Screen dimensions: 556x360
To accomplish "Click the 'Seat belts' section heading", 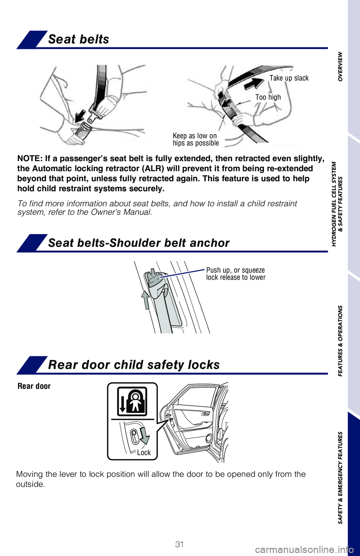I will coord(78,39).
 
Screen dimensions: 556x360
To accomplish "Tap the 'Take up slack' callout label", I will coord(289,78).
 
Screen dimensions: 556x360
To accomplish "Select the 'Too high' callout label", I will coord(268,97).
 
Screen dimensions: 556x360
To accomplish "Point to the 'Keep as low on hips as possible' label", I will coord(195,139).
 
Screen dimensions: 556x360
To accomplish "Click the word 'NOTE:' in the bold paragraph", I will coord(30,158).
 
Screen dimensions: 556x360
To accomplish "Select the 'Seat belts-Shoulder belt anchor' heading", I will coord(138,243).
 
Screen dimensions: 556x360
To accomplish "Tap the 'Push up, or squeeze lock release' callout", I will coord(235,274).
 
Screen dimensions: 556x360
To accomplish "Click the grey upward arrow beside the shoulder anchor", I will coord(145,300).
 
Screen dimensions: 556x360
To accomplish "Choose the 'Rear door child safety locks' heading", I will coord(133,365).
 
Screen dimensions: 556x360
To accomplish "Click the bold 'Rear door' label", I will coord(34,386).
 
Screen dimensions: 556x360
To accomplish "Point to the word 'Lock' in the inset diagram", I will coord(144,453).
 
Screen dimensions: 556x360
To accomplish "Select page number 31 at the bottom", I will coord(180,544).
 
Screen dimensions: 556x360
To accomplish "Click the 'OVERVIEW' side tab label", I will coord(340,66).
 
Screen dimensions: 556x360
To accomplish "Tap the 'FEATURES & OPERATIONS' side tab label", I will coord(340,341).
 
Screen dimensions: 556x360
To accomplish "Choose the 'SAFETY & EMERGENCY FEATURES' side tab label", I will coord(340,478).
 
